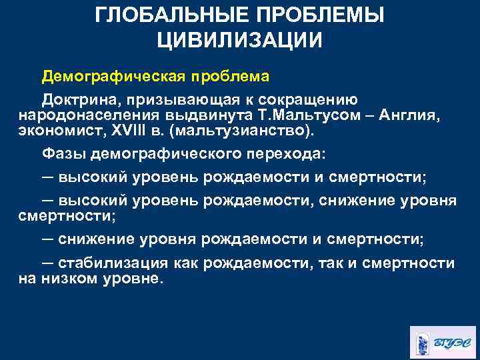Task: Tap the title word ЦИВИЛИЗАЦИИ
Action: (x=240, y=39)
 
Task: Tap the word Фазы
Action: (x=65, y=153)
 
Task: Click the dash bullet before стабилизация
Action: (x=48, y=263)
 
